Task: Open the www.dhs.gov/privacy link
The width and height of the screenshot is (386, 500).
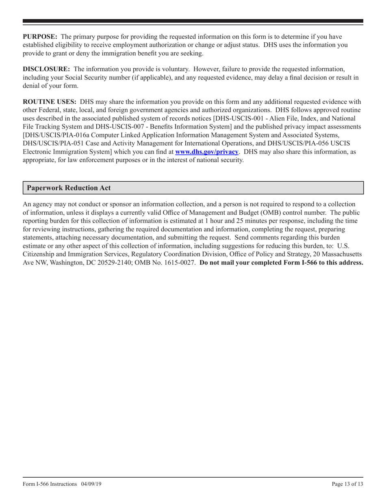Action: tap(206, 152)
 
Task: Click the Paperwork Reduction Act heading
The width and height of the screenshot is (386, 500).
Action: tap(68, 188)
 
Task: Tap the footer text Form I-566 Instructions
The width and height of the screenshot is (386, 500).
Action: tap(50, 484)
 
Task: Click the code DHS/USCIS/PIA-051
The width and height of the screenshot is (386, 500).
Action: tap(52, 143)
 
